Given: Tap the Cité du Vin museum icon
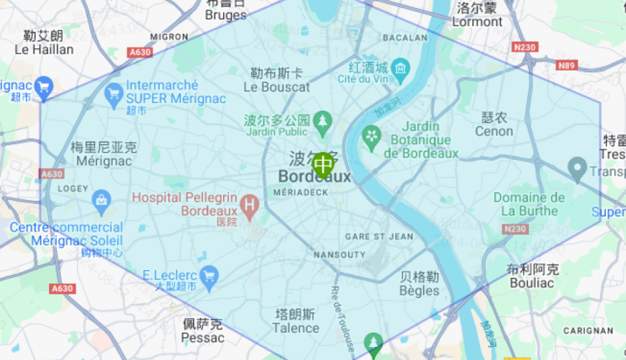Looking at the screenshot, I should tap(401, 71).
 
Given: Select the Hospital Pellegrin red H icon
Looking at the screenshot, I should tap(250, 207).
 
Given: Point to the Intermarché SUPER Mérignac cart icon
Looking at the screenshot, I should tap(114, 93).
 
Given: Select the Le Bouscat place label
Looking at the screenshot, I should tap(276, 86).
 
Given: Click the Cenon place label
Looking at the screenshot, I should tap(494, 131).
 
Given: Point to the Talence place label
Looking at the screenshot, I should tap(295, 328).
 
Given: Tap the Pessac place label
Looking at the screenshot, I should tap(202, 337).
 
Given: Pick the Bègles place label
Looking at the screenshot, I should tap(419, 290).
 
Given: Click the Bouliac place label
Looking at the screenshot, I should tap(532, 283).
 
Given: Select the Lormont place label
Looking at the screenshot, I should tap(477, 22).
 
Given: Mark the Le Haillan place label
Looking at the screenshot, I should tap(43, 50).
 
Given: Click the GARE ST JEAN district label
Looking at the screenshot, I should tap(379, 236).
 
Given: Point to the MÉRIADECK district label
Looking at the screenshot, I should tap(301, 192).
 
